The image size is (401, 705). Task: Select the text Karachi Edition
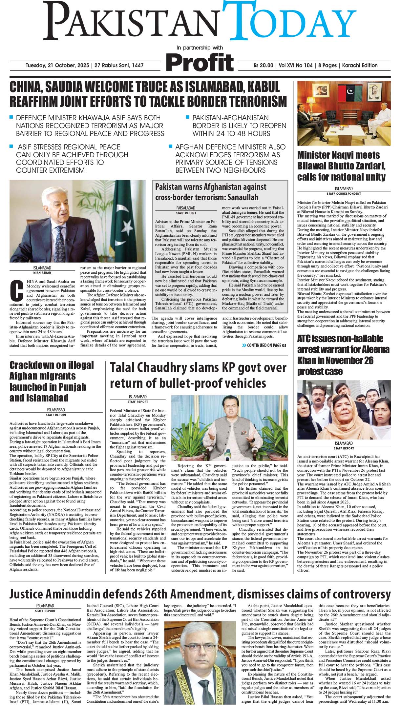[x=360, y=66]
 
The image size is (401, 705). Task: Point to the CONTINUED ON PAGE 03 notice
[x=264, y=345]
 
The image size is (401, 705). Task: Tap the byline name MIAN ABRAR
[x=42, y=272]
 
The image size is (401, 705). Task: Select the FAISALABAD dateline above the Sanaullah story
[x=186, y=208]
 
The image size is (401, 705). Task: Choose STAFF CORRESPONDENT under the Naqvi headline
[x=344, y=194]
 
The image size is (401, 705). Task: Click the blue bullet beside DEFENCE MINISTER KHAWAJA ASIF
[x=11, y=117]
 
